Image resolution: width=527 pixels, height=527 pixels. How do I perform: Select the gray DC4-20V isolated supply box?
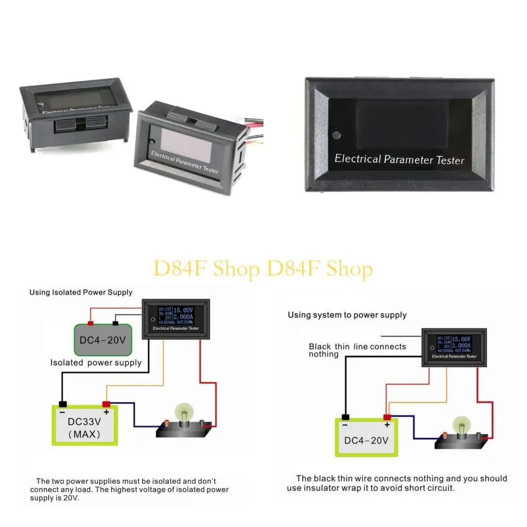[x=100, y=340]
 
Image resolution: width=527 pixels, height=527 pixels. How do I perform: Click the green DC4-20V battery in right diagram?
[x=366, y=438]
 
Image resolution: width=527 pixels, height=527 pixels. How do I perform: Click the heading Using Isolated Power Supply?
[x=81, y=292]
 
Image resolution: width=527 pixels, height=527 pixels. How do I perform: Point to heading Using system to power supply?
[x=347, y=315]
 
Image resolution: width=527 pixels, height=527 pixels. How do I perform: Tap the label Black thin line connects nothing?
[x=357, y=350]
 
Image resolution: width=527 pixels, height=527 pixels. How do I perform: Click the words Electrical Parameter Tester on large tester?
[x=399, y=160]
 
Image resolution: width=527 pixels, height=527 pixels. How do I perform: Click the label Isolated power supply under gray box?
[x=96, y=363]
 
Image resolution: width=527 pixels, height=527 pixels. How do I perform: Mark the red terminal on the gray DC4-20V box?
[x=91, y=323]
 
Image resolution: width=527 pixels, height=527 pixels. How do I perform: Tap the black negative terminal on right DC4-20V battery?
[x=345, y=416]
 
